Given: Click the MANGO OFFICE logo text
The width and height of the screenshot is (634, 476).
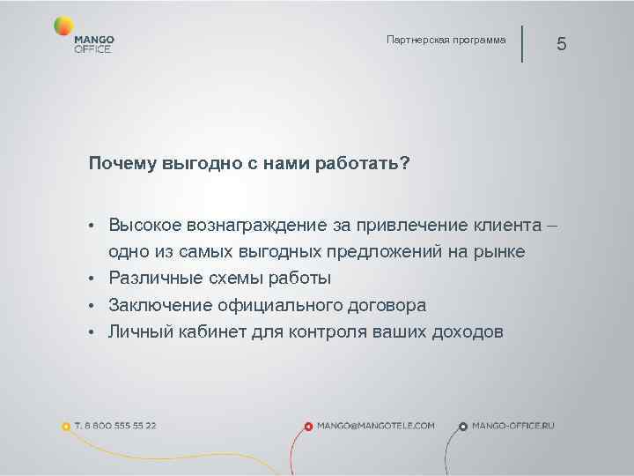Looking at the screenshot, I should point(94,45).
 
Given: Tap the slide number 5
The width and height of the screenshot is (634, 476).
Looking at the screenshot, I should point(562,45).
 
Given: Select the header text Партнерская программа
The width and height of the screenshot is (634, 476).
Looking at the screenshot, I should point(446,40).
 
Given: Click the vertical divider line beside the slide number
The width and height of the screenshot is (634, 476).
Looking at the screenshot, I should point(522,43).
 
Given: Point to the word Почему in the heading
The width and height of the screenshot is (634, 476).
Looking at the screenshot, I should point(122,163).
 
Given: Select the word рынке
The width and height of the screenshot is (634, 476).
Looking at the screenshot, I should point(498,252).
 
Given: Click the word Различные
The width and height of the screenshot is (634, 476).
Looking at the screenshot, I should point(152,279).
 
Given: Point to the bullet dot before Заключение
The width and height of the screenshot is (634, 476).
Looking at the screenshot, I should point(92,306).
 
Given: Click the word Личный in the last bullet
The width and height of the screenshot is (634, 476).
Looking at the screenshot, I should point(136,331).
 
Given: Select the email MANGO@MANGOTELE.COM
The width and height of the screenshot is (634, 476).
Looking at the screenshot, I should point(376,425).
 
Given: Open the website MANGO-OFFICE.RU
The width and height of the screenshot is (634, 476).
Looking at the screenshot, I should point(513,425).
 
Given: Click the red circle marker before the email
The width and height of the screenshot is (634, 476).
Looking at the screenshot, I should point(308,427).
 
